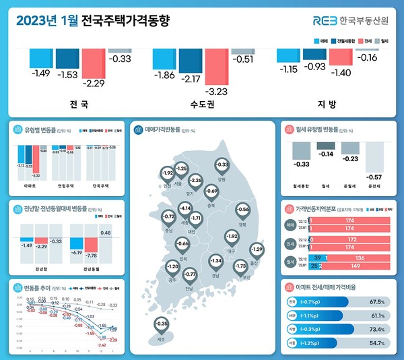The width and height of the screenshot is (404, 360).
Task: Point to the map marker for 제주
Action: click(x=161, y=324)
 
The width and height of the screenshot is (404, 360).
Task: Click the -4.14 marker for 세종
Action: click(x=186, y=210)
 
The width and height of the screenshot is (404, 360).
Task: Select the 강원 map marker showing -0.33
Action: click(x=222, y=165)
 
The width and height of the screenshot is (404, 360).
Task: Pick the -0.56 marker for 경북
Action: click(x=243, y=210)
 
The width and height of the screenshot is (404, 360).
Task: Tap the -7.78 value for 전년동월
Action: click(x=90, y=256)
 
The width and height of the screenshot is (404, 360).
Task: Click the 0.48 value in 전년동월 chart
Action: click(x=106, y=233)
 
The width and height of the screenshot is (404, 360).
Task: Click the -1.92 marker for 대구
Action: click(x=232, y=237)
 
